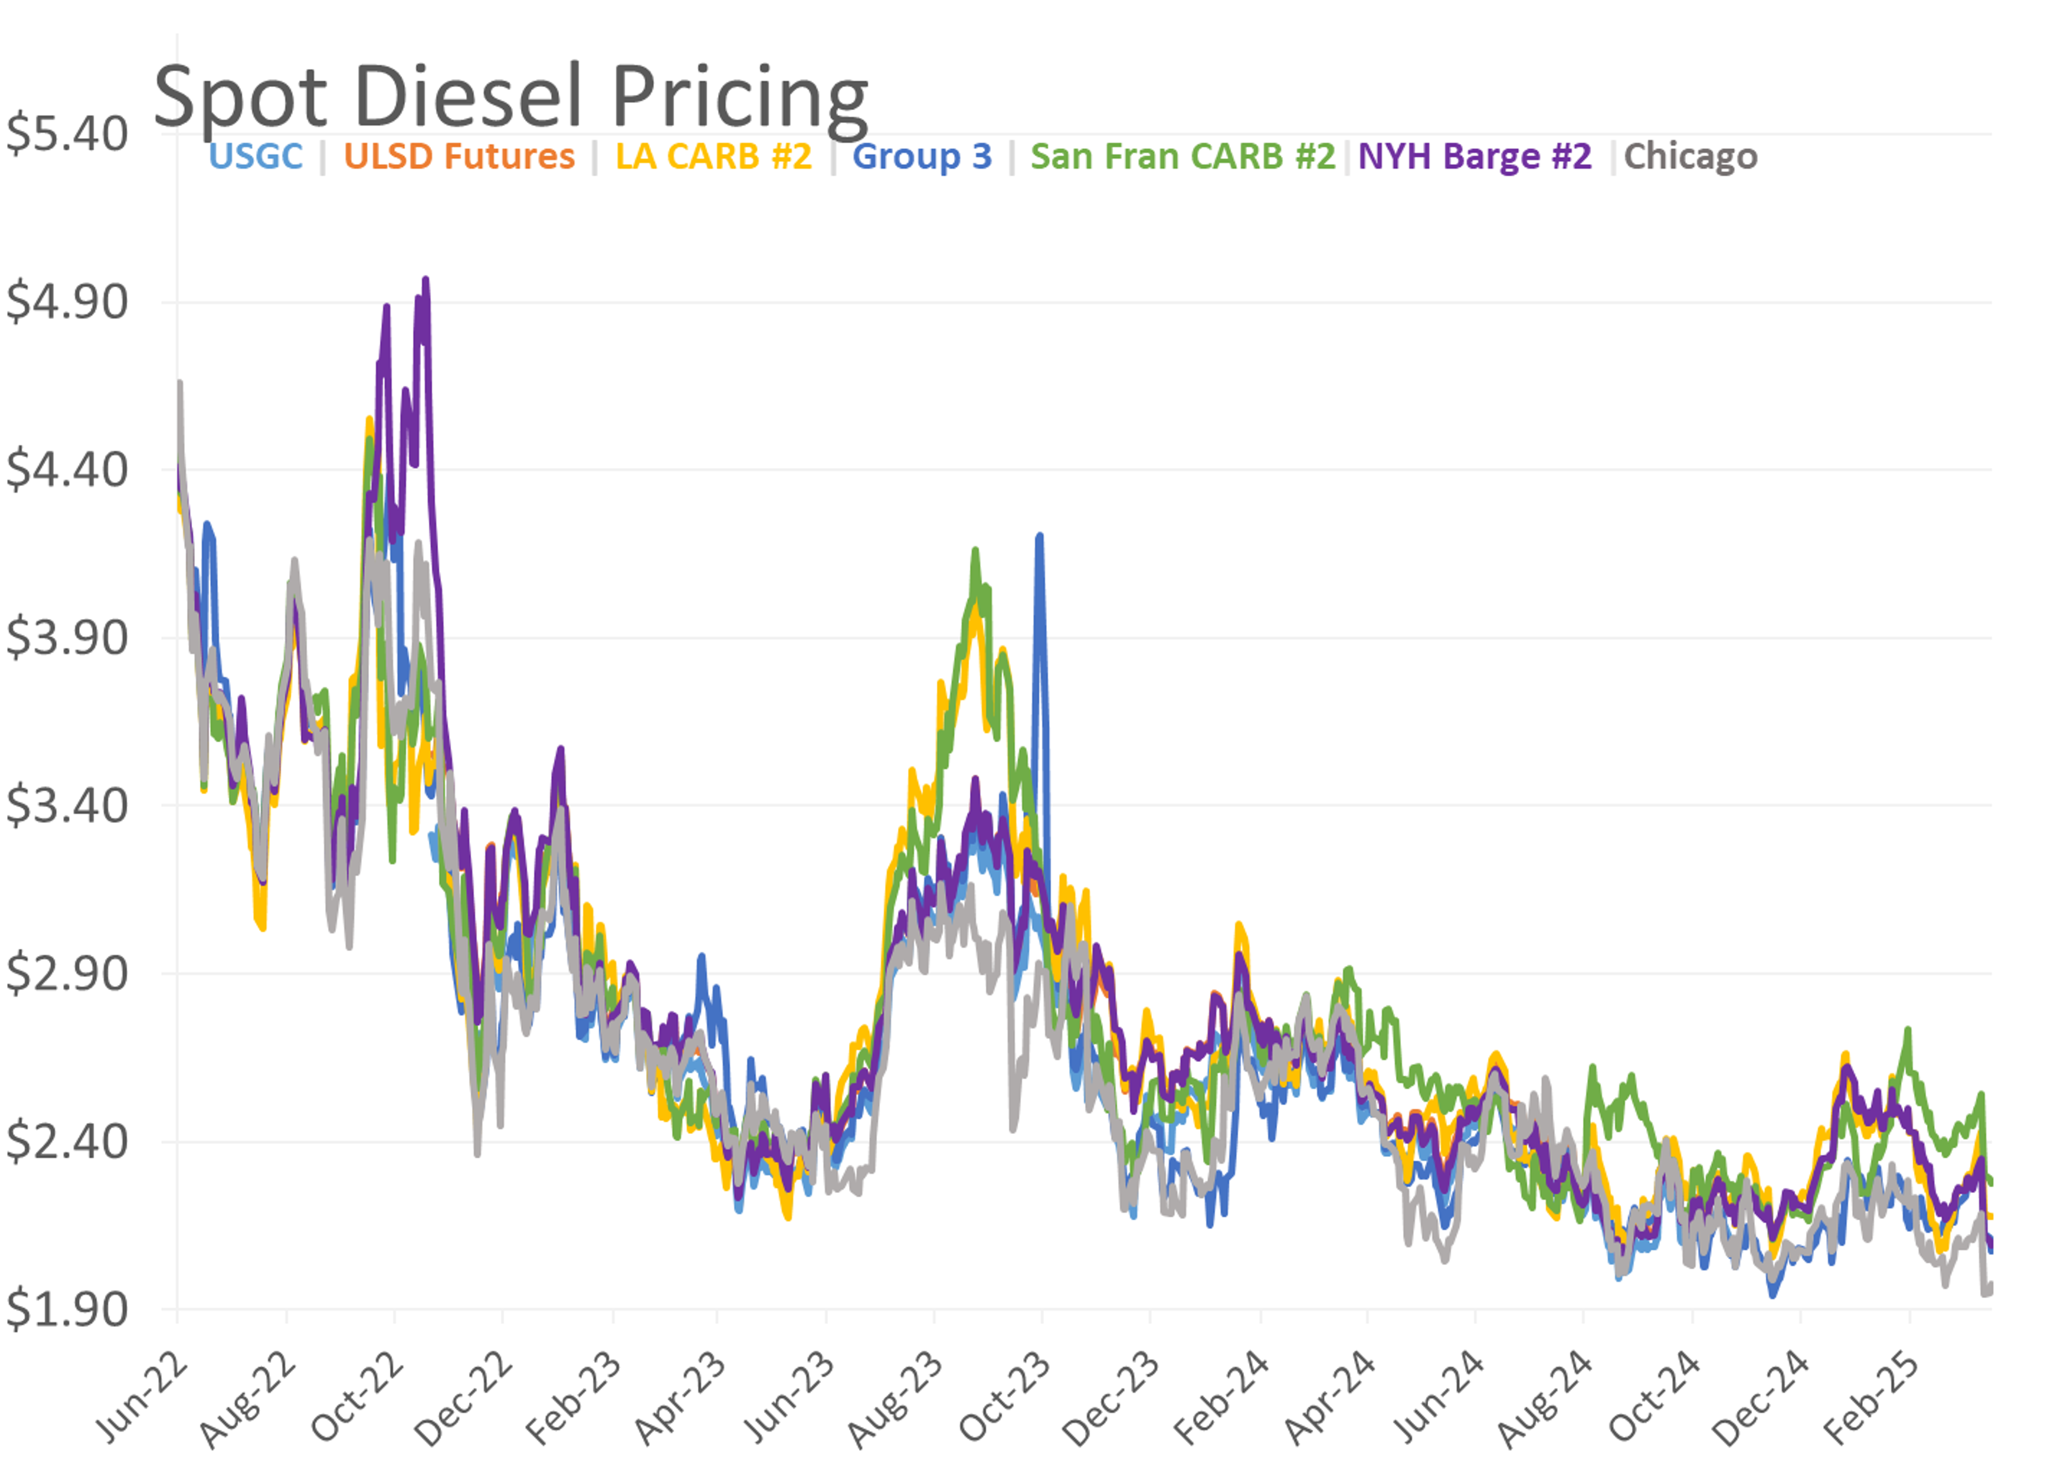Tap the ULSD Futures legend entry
[459, 156]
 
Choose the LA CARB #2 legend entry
[713, 156]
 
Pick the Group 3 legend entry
[921, 156]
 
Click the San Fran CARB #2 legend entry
[1182, 156]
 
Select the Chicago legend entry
[1691, 156]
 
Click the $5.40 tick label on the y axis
[67, 134]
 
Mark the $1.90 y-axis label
[67, 1309]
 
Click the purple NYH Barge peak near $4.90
[426, 280]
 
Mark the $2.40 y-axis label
[67, 1141]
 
